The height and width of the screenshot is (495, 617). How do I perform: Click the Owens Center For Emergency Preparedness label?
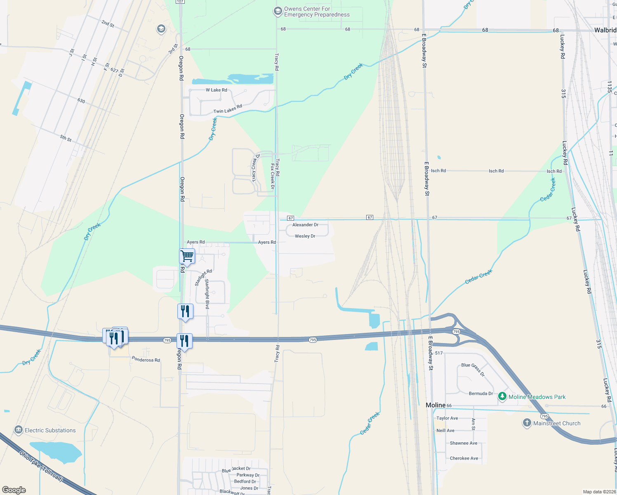316,12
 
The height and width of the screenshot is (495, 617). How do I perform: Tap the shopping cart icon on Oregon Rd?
187,256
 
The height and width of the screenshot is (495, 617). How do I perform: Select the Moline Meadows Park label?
537,397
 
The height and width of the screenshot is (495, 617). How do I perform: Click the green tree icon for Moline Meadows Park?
502,396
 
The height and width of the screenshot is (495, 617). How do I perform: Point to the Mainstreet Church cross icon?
527,423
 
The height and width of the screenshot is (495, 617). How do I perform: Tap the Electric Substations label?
50,430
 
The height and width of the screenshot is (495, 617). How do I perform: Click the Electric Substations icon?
18,430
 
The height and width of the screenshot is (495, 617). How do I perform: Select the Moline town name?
436,405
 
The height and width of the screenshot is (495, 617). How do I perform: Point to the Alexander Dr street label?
305,225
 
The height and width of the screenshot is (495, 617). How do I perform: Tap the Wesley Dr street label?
305,236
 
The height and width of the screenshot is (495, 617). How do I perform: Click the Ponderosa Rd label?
146,360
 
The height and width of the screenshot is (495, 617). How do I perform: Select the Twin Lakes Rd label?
228,109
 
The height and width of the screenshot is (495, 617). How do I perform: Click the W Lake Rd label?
216,90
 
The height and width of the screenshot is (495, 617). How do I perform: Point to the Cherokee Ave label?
464,458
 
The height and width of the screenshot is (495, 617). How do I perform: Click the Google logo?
14,490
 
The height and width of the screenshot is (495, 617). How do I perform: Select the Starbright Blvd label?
207,294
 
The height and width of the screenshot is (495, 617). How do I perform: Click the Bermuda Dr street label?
480,394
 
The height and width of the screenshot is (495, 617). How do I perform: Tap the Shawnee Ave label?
464,443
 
